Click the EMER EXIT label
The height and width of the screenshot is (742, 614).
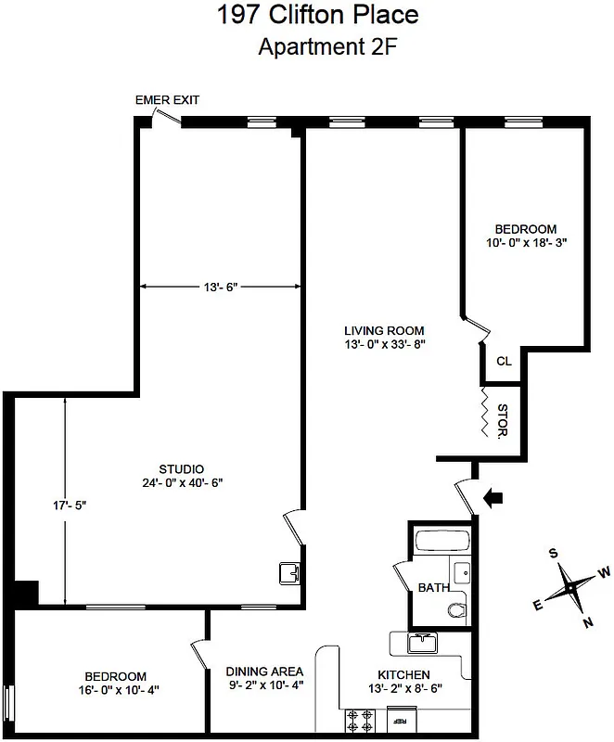point(167,100)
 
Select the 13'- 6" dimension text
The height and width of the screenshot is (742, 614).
point(221,288)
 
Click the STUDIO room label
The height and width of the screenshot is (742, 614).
point(181,469)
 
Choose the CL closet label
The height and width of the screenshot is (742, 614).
point(504,362)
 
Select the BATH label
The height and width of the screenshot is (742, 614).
point(433,588)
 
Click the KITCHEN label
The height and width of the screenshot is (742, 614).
point(403,674)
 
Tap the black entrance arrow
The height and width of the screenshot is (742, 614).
point(495,498)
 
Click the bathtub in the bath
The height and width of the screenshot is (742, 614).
point(443,542)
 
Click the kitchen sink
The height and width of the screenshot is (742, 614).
point(426,642)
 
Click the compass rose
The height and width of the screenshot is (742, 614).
point(571,586)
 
